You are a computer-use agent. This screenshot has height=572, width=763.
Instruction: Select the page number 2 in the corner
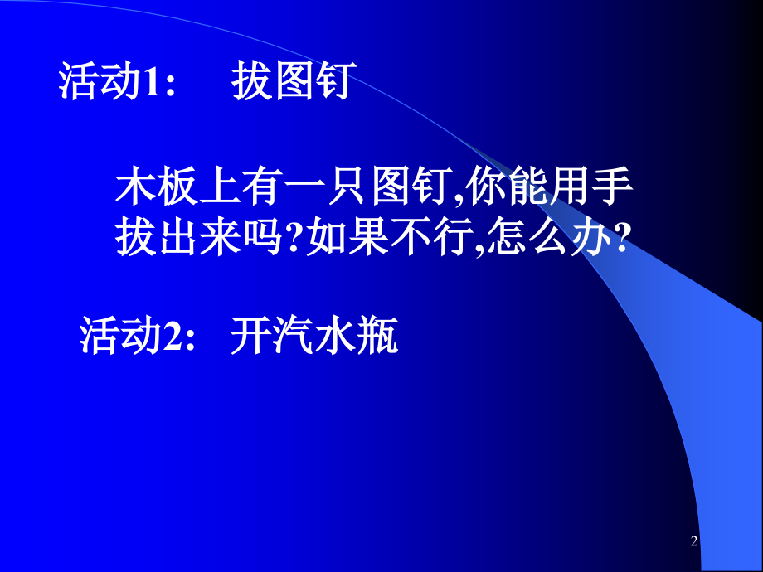(695, 542)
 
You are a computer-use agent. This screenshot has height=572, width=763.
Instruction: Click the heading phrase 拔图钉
(295, 83)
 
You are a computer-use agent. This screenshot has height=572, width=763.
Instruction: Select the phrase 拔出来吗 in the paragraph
(202, 241)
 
